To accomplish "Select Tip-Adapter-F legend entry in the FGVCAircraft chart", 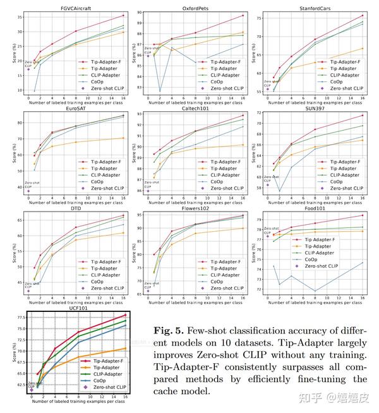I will coord(101,63).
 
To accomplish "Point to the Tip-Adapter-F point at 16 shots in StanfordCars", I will coord(363,15).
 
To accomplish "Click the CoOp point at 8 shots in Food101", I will coord(315,291).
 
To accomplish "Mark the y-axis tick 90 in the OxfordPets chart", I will coord(140,13).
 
